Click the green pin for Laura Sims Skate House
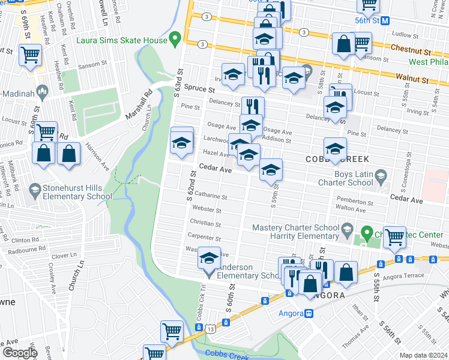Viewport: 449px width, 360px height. [x=175, y=40]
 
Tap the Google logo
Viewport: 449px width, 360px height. [x=19, y=353]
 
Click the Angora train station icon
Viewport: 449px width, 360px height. [x=309, y=313]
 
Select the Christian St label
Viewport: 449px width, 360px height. [x=206, y=223]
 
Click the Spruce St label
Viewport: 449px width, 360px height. [x=199, y=88]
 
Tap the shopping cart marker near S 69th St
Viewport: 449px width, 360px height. [x=29, y=55]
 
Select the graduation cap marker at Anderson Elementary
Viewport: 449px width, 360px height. [x=209, y=259]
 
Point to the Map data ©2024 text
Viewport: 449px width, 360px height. [x=423, y=355]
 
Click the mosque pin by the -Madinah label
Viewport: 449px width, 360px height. [x=42, y=92]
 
